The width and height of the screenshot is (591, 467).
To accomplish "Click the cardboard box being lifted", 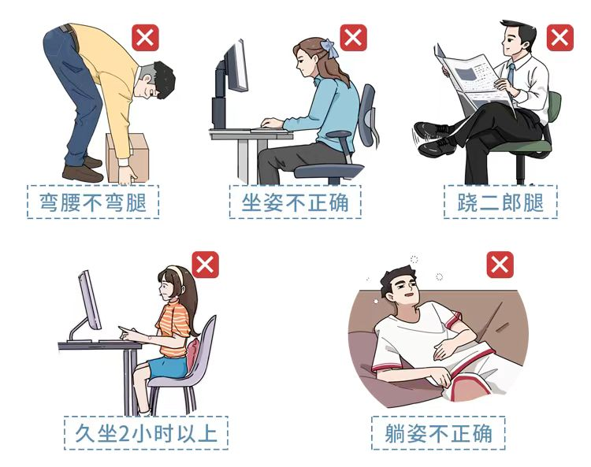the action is coord(127,158).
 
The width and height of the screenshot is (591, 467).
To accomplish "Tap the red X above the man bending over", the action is coord(145,38).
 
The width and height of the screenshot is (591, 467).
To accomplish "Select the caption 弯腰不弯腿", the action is coord(93,202).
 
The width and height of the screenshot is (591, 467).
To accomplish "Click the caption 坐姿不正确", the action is coord(295,202).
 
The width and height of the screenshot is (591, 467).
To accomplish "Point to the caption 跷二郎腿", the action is coord(500,202).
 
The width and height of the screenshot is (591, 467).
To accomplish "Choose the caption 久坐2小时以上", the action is coord(146,433).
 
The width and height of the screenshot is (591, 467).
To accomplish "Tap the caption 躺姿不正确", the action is coord(438,433).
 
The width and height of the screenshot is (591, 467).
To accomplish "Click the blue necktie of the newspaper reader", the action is coord(511,73).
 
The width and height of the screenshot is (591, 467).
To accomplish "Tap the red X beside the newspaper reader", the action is coord(559,38).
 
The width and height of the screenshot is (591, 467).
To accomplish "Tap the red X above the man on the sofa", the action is coord(500,265).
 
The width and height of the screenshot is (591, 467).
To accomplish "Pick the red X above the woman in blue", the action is coord(353,38).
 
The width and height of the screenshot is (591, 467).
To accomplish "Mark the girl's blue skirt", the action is coord(168,367).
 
